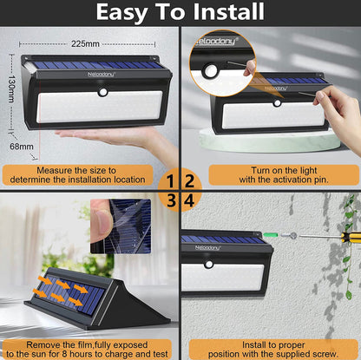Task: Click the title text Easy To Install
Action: click(x=180, y=12)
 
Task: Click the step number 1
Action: click(x=170, y=181)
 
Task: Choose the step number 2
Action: click(x=189, y=181)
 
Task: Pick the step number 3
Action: click(x=170, y=201)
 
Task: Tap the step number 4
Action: click(x=189, y=201)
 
